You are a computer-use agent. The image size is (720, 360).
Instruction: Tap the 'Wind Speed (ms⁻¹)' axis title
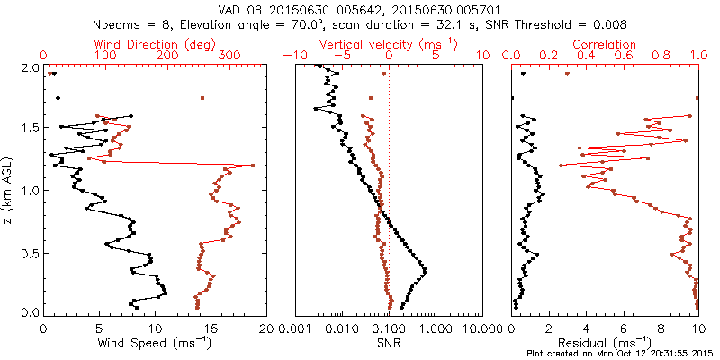coord(155,343)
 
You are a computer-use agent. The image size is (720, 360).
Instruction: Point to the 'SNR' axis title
coord(390,343)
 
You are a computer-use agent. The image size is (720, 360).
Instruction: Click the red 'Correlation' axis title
coord(605,44)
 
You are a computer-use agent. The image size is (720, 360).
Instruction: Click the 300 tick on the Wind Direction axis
coord(229,56)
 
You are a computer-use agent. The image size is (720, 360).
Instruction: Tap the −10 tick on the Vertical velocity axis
coord(296,56)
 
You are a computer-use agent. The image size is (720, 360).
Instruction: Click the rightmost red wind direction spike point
coord(253,166)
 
